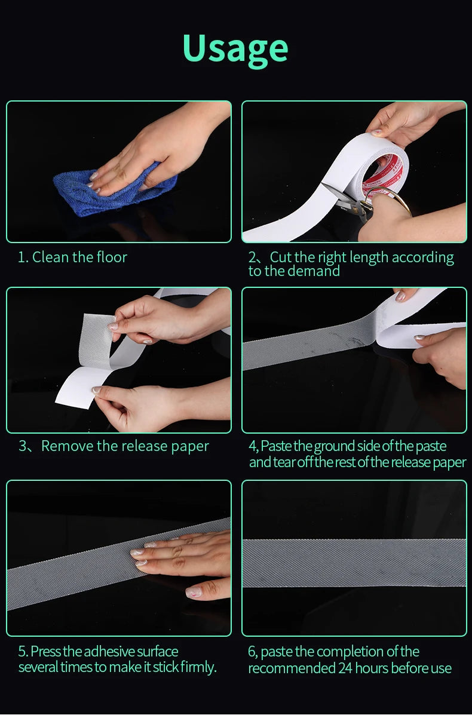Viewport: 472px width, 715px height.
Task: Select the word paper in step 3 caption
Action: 189,446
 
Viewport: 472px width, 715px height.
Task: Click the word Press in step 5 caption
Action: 47,652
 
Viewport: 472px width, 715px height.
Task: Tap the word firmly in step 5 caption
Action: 199,667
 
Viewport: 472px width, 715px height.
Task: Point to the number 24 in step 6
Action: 347,668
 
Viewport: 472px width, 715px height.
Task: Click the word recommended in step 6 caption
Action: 292,668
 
